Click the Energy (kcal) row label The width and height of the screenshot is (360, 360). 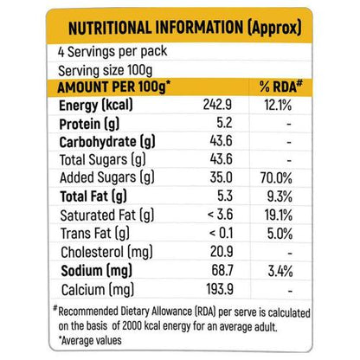click(96, 106)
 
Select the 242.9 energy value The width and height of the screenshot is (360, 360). click(217, 105)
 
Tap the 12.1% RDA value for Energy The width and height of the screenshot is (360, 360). click(278, 105)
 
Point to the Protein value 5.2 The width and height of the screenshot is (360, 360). click(224, 123)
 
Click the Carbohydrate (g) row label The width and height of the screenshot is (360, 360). click(107, 142)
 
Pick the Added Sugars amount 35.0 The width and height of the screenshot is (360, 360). click(221, 177)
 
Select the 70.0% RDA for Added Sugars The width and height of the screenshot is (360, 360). click(276, 177)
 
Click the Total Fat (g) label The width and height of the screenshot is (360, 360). click(93, 196)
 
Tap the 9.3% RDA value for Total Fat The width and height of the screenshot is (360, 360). click(280, 196)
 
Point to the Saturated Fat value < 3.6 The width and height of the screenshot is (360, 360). click(220, 215)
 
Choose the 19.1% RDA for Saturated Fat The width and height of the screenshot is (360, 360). click(279, 215)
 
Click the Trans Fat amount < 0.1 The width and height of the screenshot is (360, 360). click(221, 233)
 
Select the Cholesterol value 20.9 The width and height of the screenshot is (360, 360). click(222, 252)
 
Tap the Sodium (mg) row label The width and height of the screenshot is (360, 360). click(97, 272)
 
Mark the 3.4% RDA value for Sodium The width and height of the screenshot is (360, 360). click(280, 271)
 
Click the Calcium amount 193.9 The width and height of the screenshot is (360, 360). click(220, 289)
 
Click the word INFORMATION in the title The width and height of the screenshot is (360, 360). click(199, 28)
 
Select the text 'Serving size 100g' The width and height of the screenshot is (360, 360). click(106, 70)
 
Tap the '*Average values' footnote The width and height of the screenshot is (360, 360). click(90, 341)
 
